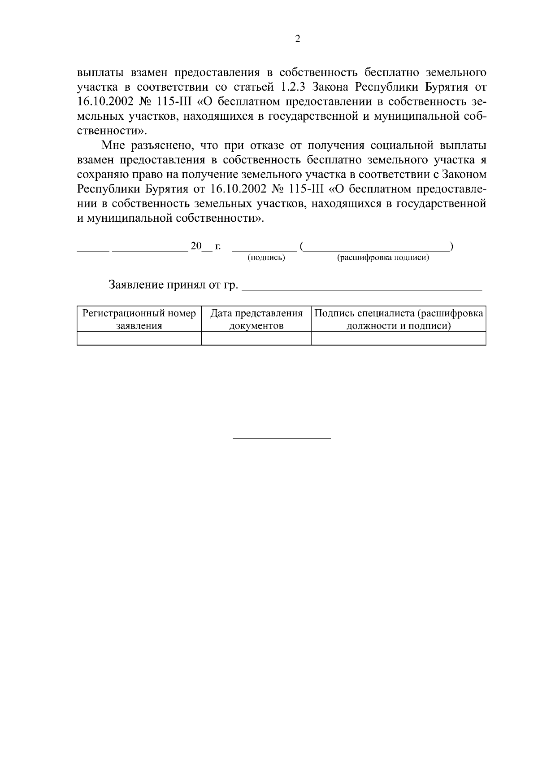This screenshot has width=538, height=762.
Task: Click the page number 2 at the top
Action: pos(298,39)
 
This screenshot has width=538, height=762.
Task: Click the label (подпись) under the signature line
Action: pos(266,258)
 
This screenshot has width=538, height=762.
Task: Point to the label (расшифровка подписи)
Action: pos(383,258)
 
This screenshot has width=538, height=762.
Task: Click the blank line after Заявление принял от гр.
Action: pos(361,287)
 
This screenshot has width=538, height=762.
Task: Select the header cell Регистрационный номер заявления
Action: pos(139,320)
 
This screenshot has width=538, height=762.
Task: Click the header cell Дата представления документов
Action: pos(256,320)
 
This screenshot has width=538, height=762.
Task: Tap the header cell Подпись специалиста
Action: pos(399,320)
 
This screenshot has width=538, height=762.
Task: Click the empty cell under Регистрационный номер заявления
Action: pos(139,338)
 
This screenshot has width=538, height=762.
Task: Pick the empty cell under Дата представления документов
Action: pos(256,338)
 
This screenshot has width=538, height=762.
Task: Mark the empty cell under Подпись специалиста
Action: pos(399,338)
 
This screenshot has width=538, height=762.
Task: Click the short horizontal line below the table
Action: pos(282,438)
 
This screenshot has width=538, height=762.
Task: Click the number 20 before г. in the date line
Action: pos(196,245)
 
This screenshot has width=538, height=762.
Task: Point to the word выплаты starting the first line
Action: pos(101,72)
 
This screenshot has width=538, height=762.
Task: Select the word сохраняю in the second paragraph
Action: pos(101,175)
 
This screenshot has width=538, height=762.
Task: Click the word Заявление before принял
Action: pos(136,285)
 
